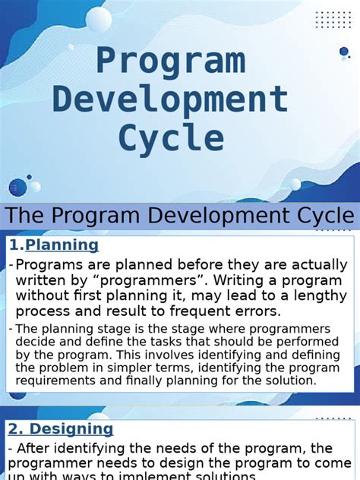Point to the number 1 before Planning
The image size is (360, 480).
point(14,245)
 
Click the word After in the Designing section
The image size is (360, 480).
point(36,448)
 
